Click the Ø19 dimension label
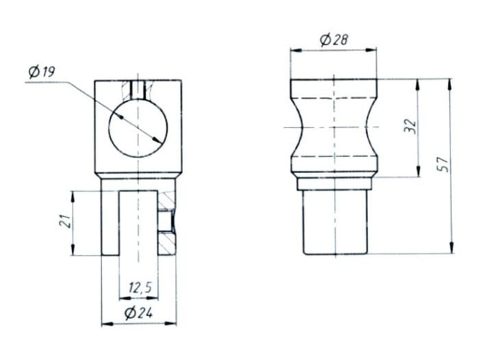(42, 72)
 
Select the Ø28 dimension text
(334, 40)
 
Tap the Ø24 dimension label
(139, 312)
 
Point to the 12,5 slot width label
(140, 288)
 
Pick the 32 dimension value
(410, 126)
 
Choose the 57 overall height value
(443, 165)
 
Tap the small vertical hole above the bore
(137, 89)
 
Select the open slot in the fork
(138, 223)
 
